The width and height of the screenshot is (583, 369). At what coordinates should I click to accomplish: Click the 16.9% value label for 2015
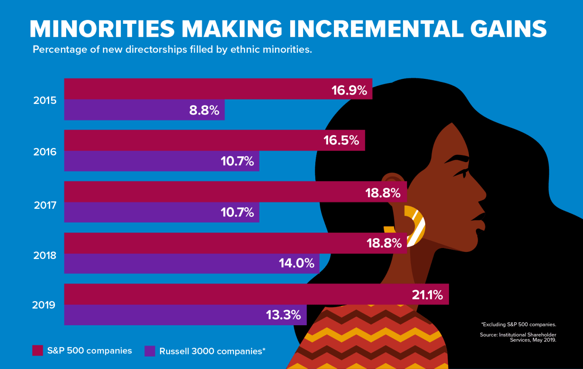click(349, 90)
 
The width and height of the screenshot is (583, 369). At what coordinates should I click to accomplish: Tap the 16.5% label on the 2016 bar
click(341, 141)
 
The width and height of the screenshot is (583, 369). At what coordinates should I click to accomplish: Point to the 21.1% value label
click(427, 295)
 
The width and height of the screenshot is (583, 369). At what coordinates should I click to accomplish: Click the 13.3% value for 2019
click(284, 315)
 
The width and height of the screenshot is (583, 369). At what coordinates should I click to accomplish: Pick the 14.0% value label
click(296, 264)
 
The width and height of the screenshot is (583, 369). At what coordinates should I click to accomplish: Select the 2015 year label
click(45, 100)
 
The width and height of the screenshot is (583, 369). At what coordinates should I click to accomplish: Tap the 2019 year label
click(44, 305)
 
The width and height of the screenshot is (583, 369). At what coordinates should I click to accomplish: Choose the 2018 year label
click(45, 255)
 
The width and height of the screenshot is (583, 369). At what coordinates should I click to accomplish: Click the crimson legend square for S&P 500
click(37, 351)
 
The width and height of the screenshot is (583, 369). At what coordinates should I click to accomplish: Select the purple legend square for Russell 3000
click(149, 351)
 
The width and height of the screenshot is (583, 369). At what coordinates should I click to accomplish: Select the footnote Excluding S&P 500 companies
click(518, 324)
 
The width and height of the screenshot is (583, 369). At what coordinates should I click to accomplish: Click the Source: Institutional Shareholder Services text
click(527, 337)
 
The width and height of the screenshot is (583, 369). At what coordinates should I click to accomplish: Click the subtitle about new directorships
click(172, 50)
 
